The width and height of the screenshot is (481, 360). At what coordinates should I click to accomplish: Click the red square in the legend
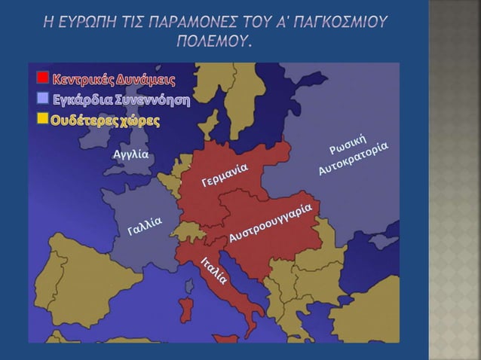click(x=43, y=78)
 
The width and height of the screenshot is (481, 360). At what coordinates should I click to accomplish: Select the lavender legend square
click(x=43, y=98)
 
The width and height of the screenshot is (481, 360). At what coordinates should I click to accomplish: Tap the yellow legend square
click(x=43, y=118)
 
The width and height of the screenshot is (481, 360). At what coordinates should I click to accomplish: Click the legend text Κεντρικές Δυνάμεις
click(x=113, y=79)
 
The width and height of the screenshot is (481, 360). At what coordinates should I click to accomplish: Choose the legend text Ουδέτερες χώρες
click(x=105, y=121)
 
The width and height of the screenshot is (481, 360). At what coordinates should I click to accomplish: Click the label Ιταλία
click(x=215, y=270)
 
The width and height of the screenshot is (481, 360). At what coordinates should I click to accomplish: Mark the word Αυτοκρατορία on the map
click(x=353, y=157)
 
